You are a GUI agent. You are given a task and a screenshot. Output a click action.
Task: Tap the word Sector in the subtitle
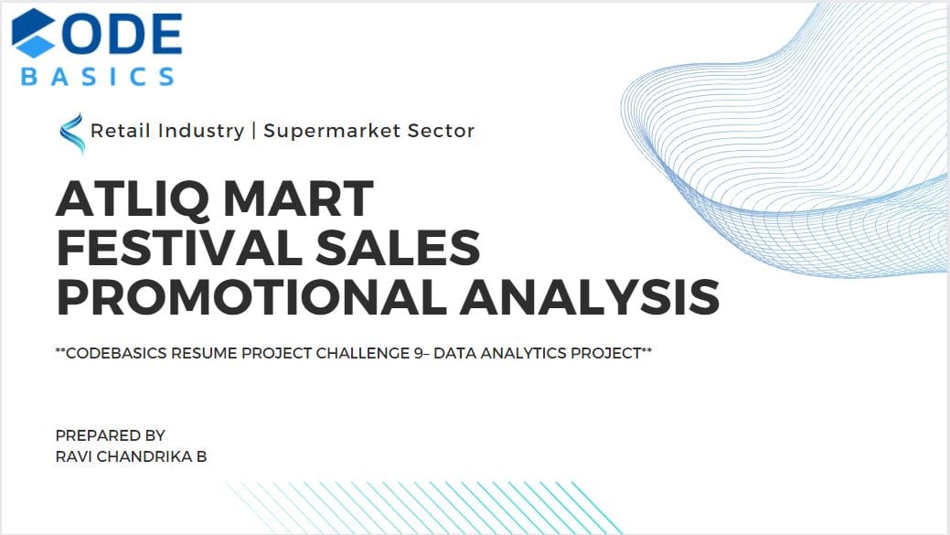tap(441, 130)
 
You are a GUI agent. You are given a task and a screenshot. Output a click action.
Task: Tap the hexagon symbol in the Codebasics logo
tap(33, 33)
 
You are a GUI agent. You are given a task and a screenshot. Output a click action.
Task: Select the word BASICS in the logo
tap(98, 76)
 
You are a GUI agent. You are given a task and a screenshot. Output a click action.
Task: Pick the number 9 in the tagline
tap(419, 353)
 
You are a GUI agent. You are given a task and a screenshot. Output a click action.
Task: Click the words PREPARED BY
tap(111, 435)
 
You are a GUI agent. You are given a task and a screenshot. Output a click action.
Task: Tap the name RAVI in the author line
tap(74, 456)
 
